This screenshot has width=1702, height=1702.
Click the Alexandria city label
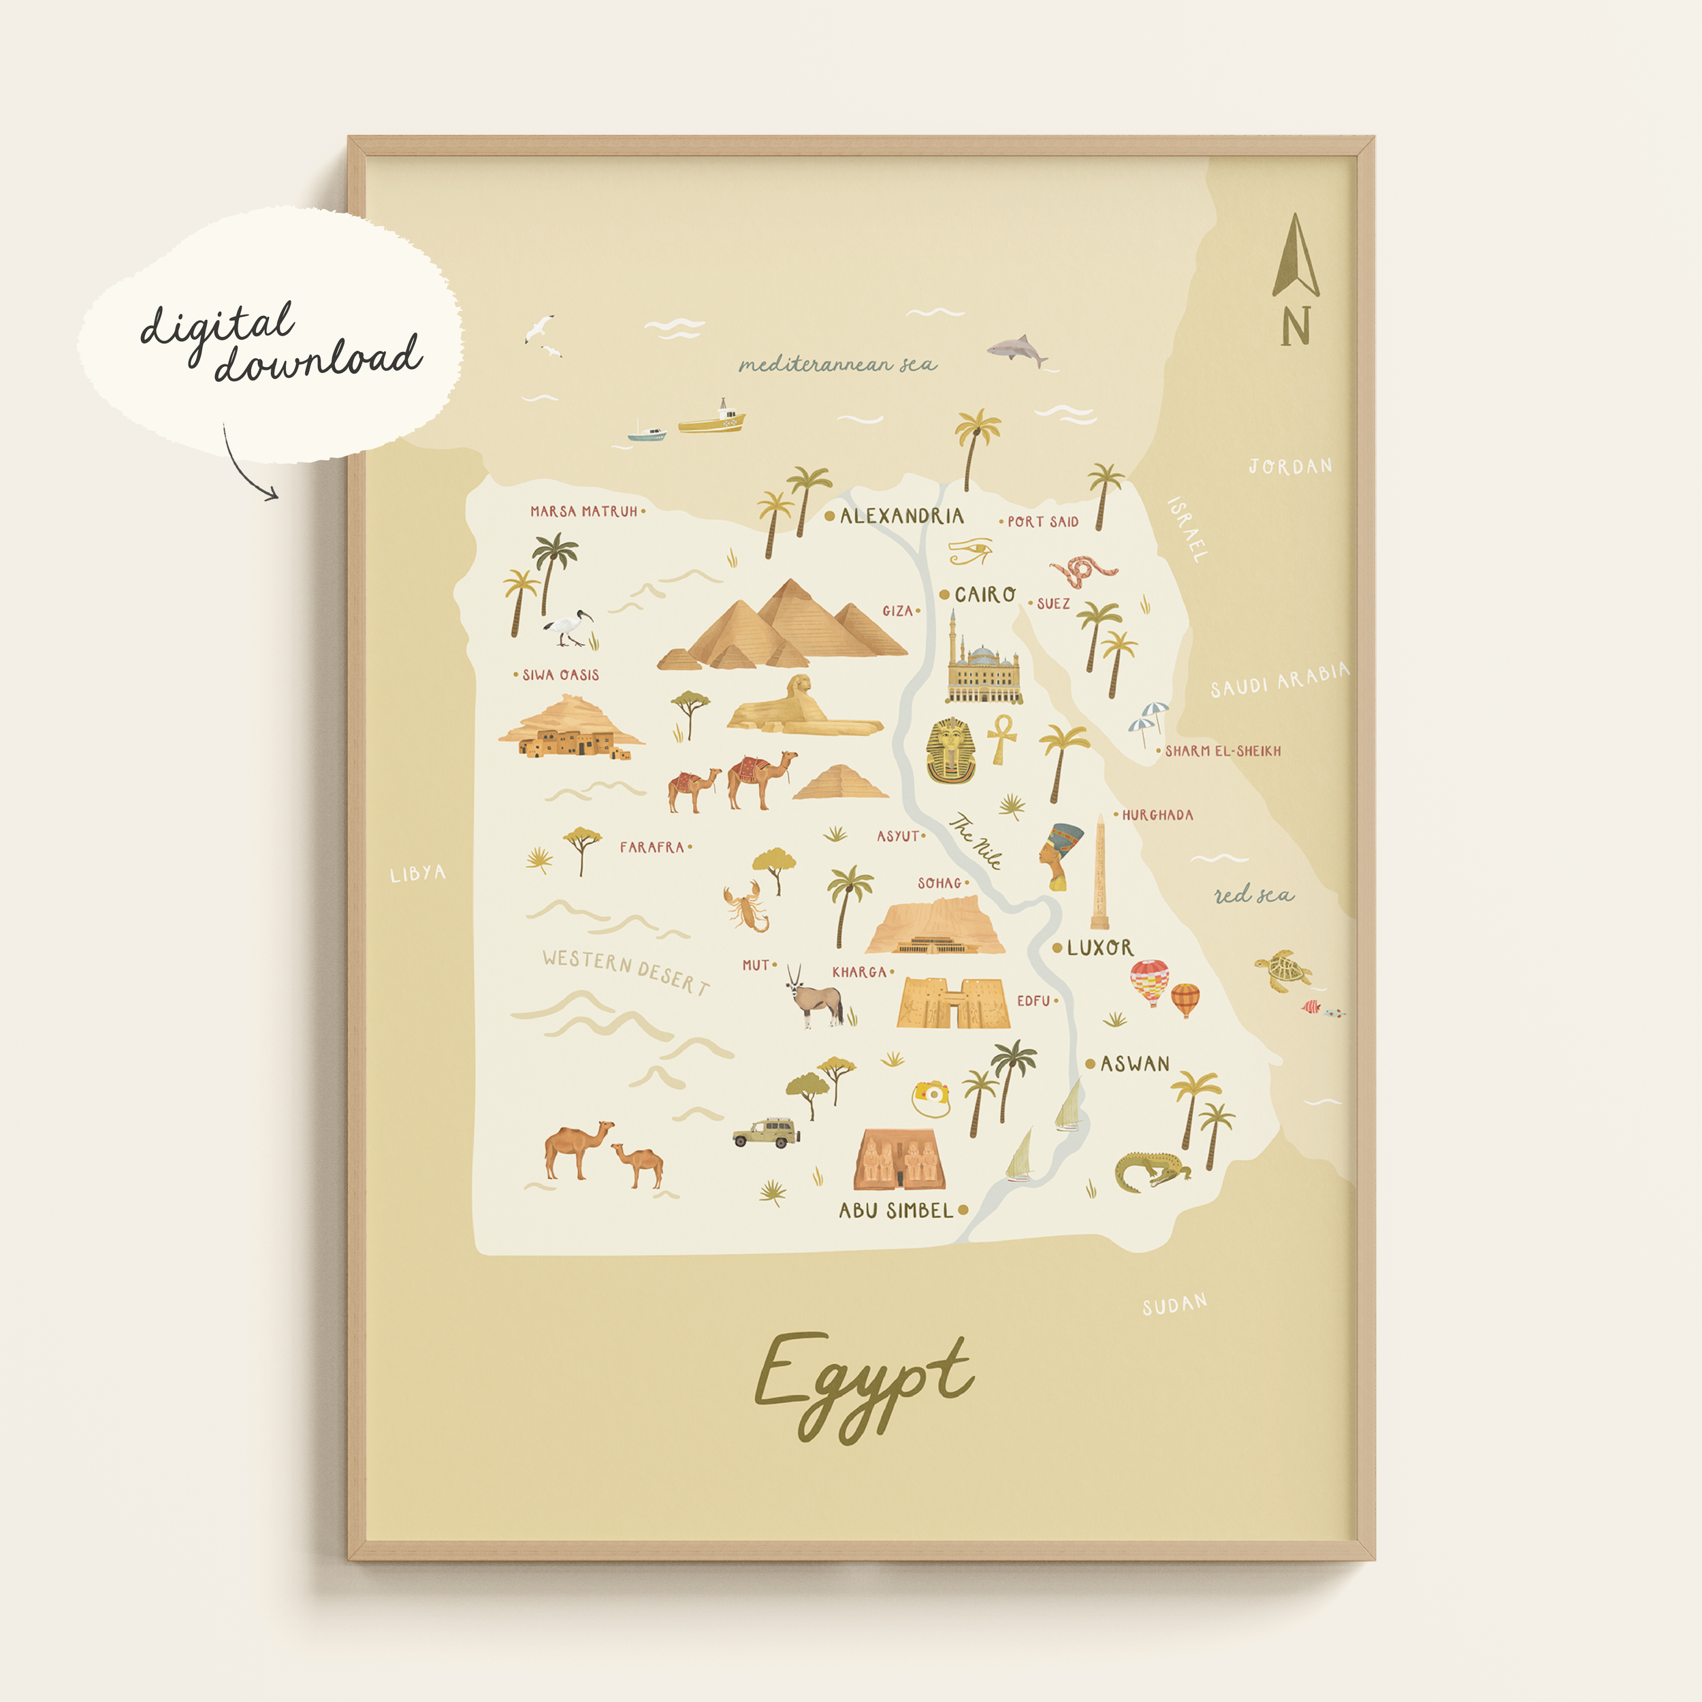click(901, 516)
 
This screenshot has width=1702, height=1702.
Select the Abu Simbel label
click(895, 1210)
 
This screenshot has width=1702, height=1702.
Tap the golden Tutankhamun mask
click(950, 750)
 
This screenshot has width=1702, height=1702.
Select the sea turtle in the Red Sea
click(1283, 970)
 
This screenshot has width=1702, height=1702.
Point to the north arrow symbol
click(1295, 257)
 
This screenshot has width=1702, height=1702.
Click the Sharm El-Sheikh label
click(1223, 752)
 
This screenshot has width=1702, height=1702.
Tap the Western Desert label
click(626, 970)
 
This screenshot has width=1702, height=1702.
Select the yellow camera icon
click(930, 1097)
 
